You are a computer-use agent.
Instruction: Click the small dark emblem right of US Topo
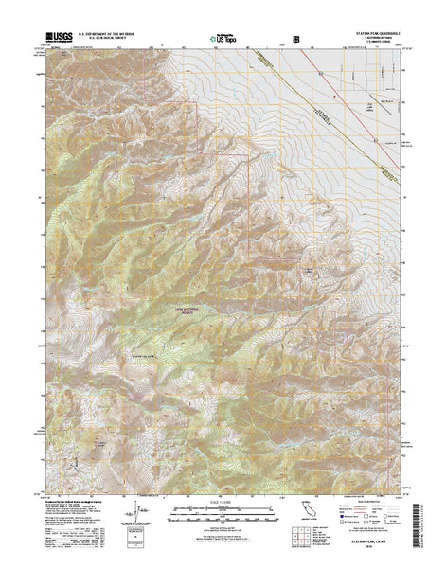click(x=298, y=40)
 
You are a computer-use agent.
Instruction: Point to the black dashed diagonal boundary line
click(x=284, y=85)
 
